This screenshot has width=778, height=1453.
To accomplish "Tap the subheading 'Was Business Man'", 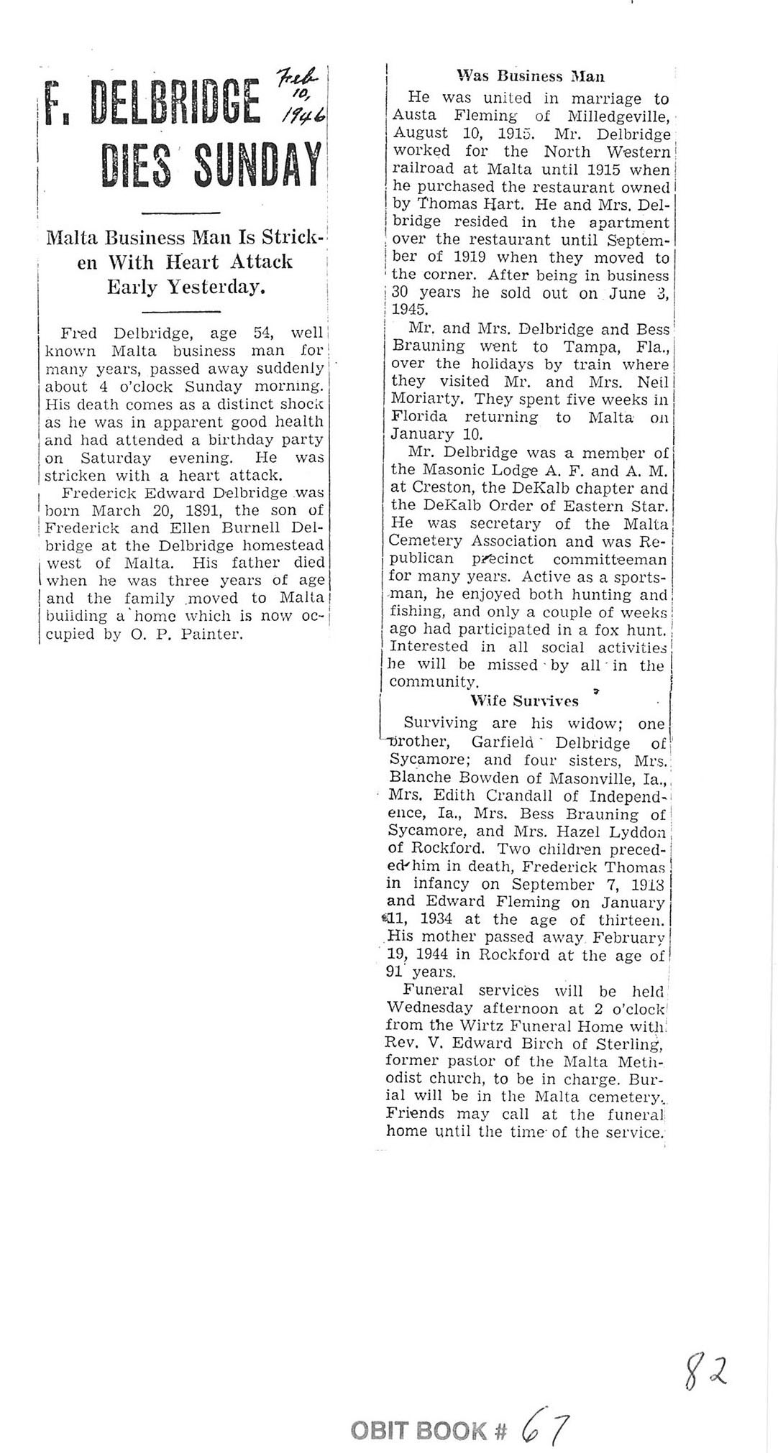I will [531, 76].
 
